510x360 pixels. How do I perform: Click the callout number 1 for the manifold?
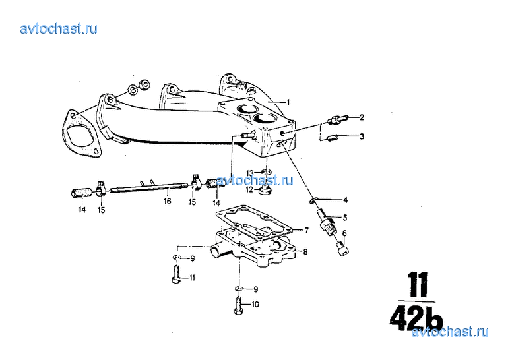[x=288, y=102]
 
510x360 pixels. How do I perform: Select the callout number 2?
[x=362, y=117]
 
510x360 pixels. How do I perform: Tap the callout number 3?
[x=362, y=136]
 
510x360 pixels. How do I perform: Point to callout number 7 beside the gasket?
[x=306, y=230]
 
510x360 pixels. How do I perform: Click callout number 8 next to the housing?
[x=305, y=252]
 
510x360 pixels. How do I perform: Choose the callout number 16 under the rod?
[x=167, y=202]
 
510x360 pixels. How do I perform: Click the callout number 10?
[x=255, y=305]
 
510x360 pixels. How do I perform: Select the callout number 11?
[x=192, y=278]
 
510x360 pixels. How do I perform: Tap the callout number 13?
[x=250, y=173]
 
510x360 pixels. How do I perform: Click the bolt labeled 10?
[x=238, y=306]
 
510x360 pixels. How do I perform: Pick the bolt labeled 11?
[x=175, y=274]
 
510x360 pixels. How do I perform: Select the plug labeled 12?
[x=266, y=191]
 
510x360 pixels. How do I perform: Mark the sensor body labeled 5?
[x=326, y=222]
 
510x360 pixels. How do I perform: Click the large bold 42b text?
[x=416, y=318]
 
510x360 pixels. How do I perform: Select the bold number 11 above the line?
[x=418, y=285]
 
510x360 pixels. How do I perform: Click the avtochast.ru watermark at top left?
[x=59, y=28]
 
